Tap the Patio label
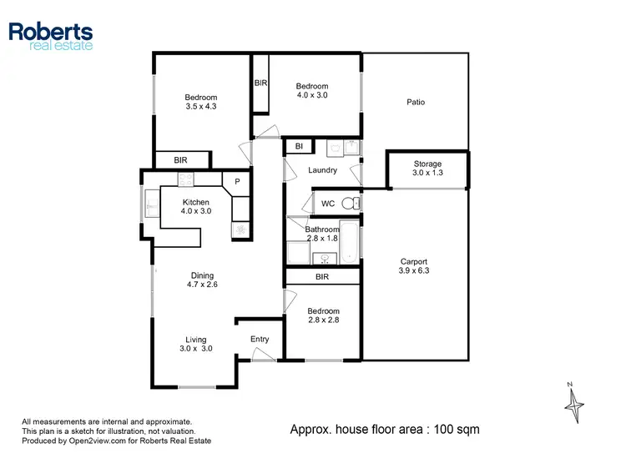pyautogui.click(x=416, y=103)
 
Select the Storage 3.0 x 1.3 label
pyautogui.click(x=427, y=169)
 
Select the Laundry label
pyautogui.click(x=322, y=170)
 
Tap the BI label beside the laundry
pyautogui.click(x=298, y=147)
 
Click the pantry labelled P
pyautogui.click(x=237, y=182)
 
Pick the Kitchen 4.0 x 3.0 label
pyautogui.click(x=194, y=207)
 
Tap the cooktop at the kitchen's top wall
pyautogui.click(x=185, y=179)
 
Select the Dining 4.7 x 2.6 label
pyautogui.click(x=201, y=280)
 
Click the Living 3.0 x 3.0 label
pyautogui.click(x=196, y=344)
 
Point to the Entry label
pyautogui.click(x=260, y=339)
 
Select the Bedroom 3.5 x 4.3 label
pyautogui.click(x=201, y=102)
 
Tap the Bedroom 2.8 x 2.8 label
pyautogui.click(x=322, y=315)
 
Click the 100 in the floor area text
pyautogui.click(x=442, y=430)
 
